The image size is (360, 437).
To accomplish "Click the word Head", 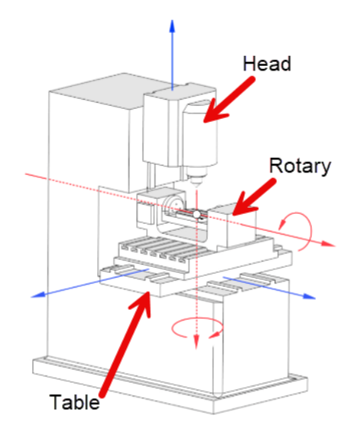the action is (x=267, y=64).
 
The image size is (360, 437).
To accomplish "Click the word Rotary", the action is (x=299, y=166).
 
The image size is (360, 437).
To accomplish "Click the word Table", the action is (x=74, y=402).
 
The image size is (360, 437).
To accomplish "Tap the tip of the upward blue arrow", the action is (x=172, y=20).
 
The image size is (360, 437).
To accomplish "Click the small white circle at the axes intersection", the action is (x=197, y=215).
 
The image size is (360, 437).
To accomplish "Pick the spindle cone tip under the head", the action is (x=196, y=187).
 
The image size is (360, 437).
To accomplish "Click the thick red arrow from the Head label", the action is (x=227, y=100).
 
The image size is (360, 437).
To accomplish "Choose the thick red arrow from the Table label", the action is (x=126, y=343).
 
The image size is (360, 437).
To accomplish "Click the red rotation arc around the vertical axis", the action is (x=197, y=319).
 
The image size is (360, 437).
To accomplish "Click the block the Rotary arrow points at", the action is (x=232, y=225).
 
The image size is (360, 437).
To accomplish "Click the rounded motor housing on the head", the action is (x=200, y=136).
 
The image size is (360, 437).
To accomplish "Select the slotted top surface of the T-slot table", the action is (x=164, y=249).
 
